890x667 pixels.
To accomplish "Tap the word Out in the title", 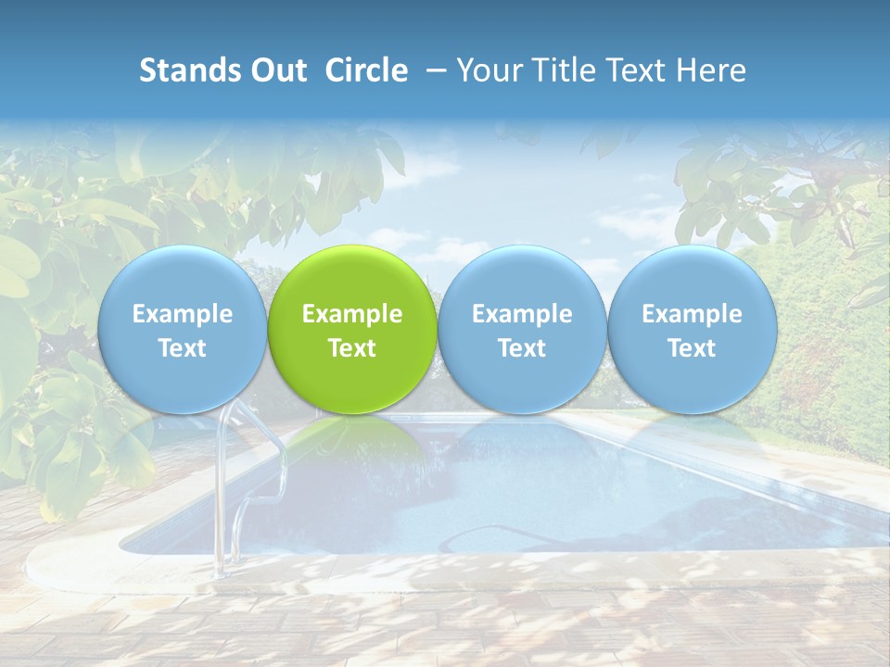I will [273, 70].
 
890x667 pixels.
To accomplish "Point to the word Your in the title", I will [487, 70].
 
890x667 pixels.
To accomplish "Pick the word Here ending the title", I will [714, 70].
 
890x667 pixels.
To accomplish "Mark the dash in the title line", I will [431, 71].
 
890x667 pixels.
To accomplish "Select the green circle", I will [352, 329].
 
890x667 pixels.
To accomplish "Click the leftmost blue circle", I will [182, 329].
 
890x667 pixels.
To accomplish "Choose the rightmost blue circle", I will [693, 329].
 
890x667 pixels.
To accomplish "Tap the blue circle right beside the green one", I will [522, 329].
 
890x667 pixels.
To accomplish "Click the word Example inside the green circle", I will [352, 314].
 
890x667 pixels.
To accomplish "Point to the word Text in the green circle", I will [352, 348].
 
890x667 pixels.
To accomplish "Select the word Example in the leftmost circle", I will [182, 314].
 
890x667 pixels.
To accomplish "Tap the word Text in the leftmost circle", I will [182, 348].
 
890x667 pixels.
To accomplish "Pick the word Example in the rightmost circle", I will [693, 314].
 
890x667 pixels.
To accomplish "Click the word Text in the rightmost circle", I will [693, 348].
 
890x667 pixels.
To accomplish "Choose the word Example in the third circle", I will [522, 314].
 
